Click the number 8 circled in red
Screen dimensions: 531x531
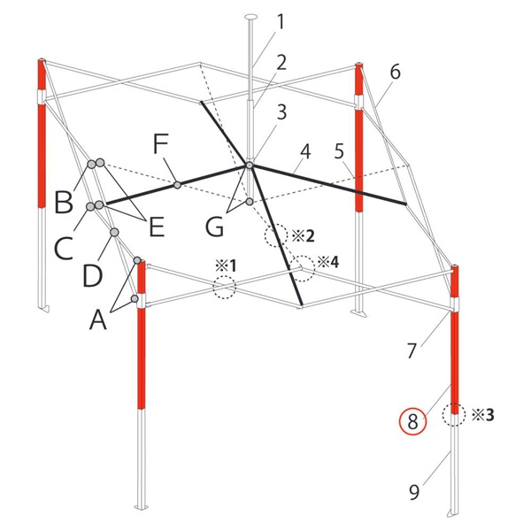(x=412, y=421)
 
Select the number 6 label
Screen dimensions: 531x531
(x=395, y=73)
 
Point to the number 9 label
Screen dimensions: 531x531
(x=414, y=492)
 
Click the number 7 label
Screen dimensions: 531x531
(x=412, y=350)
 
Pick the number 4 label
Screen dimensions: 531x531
(x=305, y=151)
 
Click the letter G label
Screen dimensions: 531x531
(x=214, y=227)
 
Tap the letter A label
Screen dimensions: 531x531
(x=98, y=319)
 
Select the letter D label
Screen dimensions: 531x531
(x=92, y=276)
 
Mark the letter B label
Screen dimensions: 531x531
(x=64, y=203)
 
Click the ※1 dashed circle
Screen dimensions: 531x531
(x=224, y=287)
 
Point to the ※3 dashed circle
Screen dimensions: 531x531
(x=453, y=414)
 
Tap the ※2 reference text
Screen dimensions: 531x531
(x=303, y=236)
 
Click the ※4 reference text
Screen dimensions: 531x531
(x=328, y=262)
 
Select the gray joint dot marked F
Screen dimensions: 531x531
(x=177, y=185)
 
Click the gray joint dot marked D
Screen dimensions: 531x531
(x=114, y=232)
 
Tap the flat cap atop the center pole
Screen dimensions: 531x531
(x=251, y=16)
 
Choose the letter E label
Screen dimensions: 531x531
(x=157, y=227)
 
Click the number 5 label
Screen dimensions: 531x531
(x=339, y=151)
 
